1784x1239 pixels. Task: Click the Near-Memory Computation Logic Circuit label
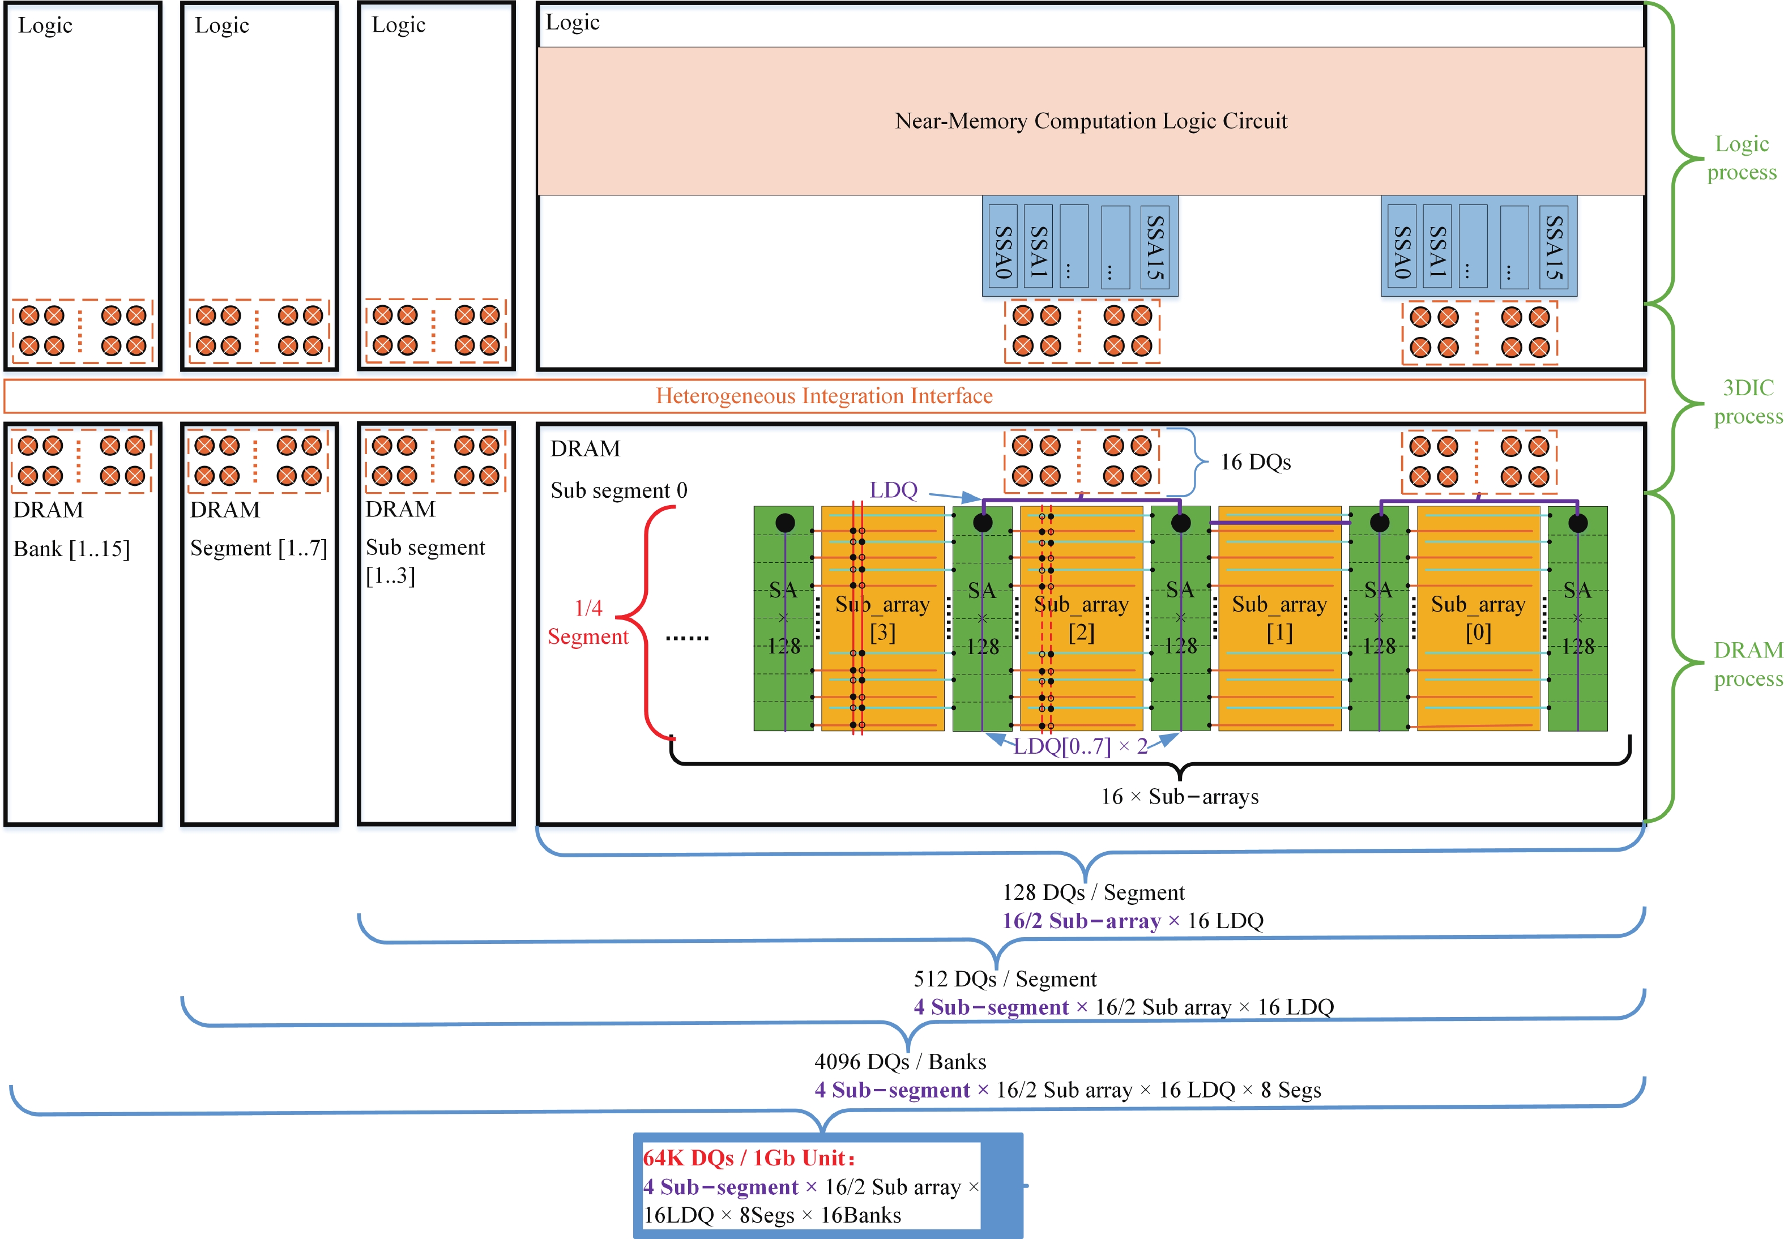1090,121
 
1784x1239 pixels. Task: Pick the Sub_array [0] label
1478,618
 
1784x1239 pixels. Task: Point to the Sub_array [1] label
1279,618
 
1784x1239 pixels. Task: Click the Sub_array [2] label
1081,618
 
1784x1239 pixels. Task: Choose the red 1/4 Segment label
588,622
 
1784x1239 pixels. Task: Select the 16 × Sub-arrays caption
1179,797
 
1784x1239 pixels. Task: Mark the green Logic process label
1742,157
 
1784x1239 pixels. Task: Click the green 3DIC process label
1748,402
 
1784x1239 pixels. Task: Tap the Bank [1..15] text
71,549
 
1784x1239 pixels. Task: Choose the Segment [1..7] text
258,548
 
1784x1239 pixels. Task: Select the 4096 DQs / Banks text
900,1061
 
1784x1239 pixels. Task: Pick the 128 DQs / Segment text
1093,892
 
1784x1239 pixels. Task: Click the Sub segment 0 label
618,490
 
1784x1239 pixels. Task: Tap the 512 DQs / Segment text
1005,979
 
